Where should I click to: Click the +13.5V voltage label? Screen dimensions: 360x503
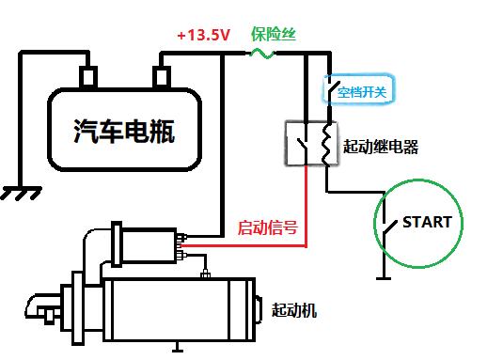point(204,36)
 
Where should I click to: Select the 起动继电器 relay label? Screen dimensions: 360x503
point(381,147)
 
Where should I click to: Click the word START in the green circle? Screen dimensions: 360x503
point(427,223)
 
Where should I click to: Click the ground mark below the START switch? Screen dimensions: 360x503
point(383,277)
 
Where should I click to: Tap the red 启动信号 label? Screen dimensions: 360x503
point(268,227)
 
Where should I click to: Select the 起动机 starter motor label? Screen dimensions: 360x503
point(294,309)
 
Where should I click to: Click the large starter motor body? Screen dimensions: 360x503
point(179,307)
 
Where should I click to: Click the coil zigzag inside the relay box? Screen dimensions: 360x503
point(325,142)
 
